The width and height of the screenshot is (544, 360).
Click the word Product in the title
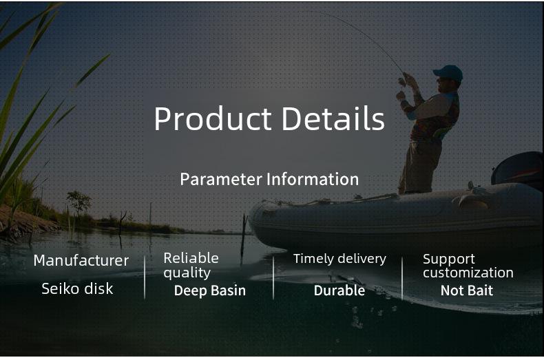213,119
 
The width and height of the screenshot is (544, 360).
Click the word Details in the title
333,118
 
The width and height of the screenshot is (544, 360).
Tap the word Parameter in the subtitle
221,179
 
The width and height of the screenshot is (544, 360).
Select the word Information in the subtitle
313,179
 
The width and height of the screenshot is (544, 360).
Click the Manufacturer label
81,261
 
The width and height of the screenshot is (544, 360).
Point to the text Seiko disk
77,288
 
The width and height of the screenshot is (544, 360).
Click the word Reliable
191,258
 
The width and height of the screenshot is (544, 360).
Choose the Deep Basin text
210,290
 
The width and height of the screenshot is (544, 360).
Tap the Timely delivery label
339,259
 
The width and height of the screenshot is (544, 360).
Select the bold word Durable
339,290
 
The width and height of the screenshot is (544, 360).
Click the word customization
468,273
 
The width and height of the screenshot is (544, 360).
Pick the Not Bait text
467,290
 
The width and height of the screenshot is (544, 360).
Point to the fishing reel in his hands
401,82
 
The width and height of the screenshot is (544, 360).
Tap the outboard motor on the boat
518,169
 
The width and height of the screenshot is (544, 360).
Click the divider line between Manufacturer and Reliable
145,277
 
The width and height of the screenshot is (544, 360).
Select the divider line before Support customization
402,278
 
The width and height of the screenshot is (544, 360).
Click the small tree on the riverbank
79,203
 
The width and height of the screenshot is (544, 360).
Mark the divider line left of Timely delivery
273,278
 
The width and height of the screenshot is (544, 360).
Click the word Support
449,260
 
